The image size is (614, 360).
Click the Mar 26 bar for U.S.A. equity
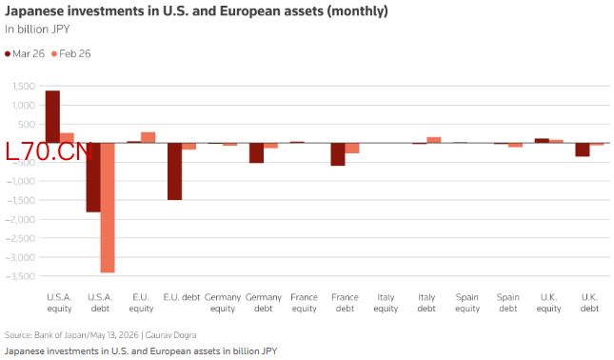pos(52,117)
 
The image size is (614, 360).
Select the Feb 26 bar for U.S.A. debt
pos(108,208)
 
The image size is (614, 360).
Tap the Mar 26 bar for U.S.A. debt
pos(93,177)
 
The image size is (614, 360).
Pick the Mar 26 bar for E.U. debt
pos(174,171)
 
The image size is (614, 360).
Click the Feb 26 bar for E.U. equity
pos(148,137)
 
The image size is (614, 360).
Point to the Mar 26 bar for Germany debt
pos(256,152)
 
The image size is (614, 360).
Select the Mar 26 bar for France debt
pos(338,154)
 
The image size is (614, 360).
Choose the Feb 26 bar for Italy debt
pos(433,140)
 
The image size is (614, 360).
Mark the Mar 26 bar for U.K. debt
pos(583,150)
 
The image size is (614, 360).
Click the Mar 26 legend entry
pos(25,53)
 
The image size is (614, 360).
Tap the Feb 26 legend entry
pos(71,53)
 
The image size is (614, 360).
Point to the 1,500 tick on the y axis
pos(24,86)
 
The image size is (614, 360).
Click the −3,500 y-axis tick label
pos(20,276)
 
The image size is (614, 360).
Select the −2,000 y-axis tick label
pos(20,219)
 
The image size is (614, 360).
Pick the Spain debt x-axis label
pos(508,303)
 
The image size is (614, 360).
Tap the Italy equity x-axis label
pos(386,303)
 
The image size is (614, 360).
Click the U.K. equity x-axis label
pos(548,303)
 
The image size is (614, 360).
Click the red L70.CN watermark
pos(49,151)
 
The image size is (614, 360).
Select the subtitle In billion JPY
pos(37,30)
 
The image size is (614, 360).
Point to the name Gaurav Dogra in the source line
pos(170,335)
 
